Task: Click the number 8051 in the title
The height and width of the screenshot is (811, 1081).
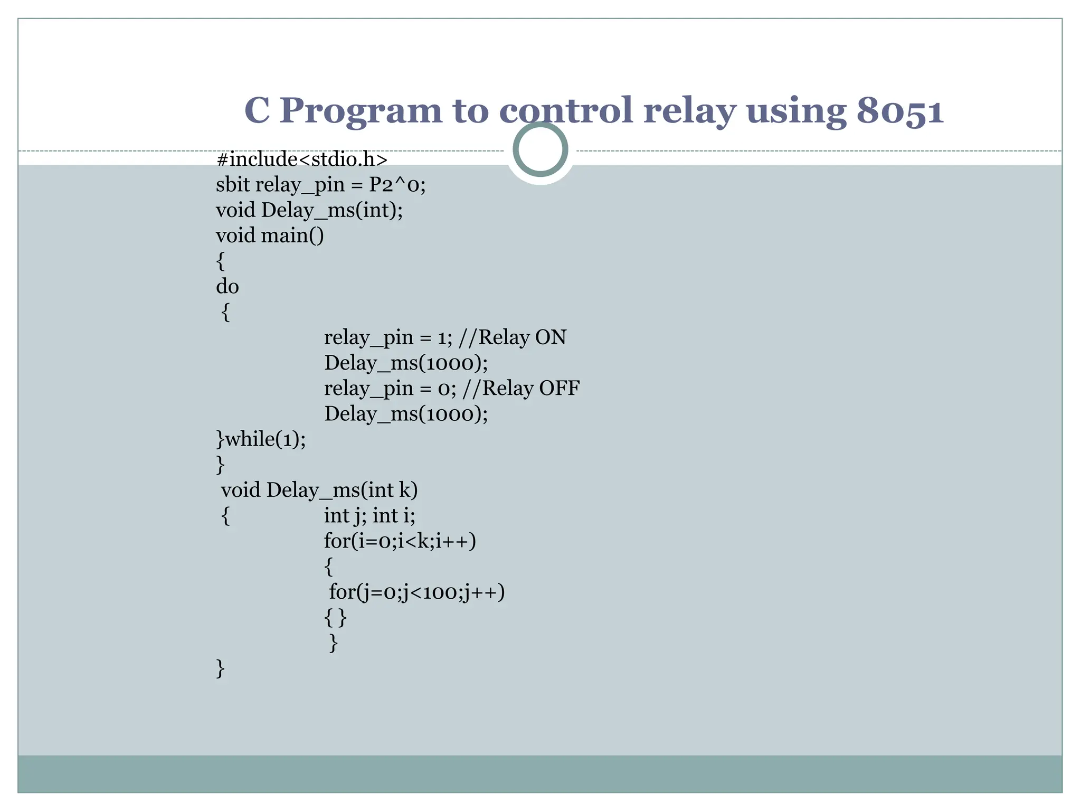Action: coord(899,112)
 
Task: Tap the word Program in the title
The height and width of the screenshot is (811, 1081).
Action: coord(361,112)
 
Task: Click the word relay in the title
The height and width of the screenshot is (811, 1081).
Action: coord(689,112)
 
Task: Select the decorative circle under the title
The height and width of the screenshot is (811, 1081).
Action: coord(540,149)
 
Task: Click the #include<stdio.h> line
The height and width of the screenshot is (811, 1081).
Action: coord(302,159)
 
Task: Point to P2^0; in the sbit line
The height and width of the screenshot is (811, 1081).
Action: coord(397,185)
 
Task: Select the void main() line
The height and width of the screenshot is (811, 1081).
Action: coord(270,235)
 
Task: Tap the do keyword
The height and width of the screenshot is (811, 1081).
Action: coord(227,287)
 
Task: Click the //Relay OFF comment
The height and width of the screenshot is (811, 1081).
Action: coord(520,389)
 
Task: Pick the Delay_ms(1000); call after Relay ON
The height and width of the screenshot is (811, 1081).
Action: coord(406,363)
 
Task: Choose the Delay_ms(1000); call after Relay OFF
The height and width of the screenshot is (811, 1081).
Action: coord(406,414)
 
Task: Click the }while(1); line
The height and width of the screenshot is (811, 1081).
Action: coord(261,439)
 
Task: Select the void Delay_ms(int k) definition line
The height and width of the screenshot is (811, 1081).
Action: coord(319,491)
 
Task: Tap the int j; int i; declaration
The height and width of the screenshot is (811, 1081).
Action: coord(369,516)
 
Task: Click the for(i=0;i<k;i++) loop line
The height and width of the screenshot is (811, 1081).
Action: coord(400,541)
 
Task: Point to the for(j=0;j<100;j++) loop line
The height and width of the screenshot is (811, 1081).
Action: coord(416,592)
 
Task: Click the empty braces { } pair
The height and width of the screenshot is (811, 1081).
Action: coord(335,617)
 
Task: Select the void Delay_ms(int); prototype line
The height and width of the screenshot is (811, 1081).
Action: coord(309,210)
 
